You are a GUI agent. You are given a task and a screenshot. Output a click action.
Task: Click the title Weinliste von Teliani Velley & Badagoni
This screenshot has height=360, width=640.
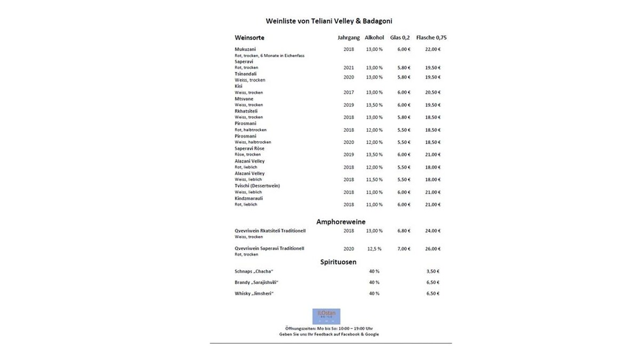pos(329,21)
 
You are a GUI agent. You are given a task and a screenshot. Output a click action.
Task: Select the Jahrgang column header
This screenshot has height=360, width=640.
pos(348,38)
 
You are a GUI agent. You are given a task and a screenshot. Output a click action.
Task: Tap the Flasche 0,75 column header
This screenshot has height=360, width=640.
pos(431,38)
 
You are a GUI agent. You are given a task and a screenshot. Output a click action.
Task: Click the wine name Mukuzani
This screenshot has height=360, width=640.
pos(245,49)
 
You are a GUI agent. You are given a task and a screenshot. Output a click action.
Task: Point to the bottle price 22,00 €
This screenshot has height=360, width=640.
pos(433,49)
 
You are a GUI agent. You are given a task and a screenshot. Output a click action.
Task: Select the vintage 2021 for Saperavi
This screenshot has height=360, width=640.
pos(349,68)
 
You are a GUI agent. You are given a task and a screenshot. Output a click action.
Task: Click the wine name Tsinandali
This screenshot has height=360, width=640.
pos(246,74)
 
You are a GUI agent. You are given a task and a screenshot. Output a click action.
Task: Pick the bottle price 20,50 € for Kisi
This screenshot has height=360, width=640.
pos(433,92)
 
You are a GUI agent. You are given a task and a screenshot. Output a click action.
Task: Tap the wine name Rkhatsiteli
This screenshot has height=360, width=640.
pos(246,111)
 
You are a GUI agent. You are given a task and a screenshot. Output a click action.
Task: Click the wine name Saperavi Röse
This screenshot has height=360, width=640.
pos(250,148)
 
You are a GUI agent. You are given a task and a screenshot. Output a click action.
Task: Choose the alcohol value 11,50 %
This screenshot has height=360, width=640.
pos(374,180)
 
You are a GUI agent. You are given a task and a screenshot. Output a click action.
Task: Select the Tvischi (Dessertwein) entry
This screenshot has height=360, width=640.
pos(257,186)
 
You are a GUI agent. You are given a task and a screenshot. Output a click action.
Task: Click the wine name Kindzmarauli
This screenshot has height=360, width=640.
pos(249,198)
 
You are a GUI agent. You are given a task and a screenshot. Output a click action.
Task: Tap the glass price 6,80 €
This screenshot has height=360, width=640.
pos(403,231)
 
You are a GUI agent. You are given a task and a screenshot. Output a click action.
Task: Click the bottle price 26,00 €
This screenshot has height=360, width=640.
pos(433,249)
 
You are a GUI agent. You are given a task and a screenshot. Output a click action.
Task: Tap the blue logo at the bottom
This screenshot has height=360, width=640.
pos(326,316)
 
